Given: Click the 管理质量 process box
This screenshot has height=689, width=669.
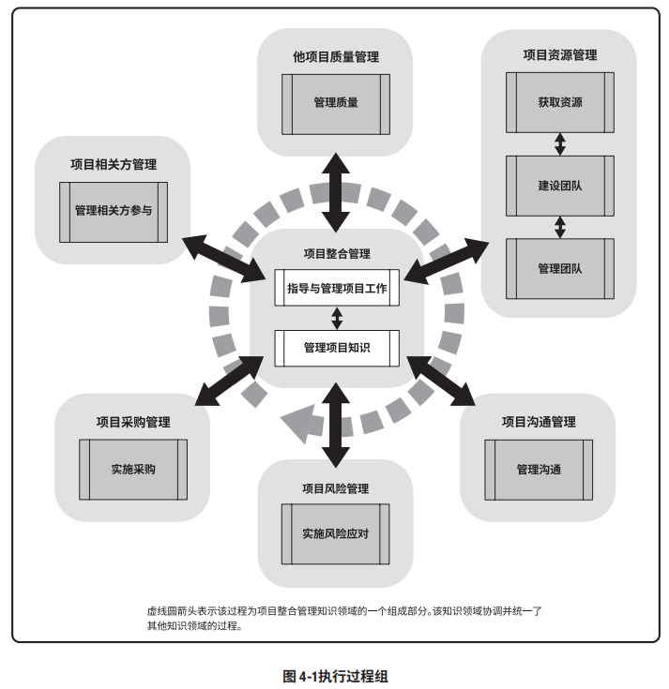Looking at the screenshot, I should pos(336,102).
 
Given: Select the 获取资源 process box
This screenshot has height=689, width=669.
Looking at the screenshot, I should pos(560,102).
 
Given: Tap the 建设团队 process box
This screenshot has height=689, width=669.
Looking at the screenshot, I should pos(560,185).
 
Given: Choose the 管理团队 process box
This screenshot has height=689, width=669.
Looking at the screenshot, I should pos(560,268).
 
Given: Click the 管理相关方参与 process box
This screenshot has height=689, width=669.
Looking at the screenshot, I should pos(113,210).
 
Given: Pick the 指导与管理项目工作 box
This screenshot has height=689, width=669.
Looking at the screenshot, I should pos(337,288).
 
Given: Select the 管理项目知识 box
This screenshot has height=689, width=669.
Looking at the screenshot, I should pos(337,348).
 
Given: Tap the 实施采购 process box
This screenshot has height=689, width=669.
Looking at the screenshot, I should pos(132,469).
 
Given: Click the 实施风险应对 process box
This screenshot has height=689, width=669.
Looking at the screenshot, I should pos(336,534).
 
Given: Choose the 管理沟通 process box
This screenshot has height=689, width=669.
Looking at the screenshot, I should pos(539,469).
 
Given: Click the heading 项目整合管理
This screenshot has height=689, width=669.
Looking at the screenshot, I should pos(337,253).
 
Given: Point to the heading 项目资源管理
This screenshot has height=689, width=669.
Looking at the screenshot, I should pos(560,56).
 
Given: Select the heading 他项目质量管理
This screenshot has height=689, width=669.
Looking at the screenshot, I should pos(336,57).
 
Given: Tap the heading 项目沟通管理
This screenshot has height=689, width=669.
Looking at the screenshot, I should pos(539,422).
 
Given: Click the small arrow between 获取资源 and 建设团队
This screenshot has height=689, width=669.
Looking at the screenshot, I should pos(560,143).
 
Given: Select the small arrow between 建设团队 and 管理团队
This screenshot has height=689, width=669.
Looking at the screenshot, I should pos(560,226).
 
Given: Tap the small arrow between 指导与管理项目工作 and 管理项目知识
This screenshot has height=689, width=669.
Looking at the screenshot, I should pos(337,318).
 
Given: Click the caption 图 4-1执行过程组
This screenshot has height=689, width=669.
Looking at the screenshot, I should pos(335,674).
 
